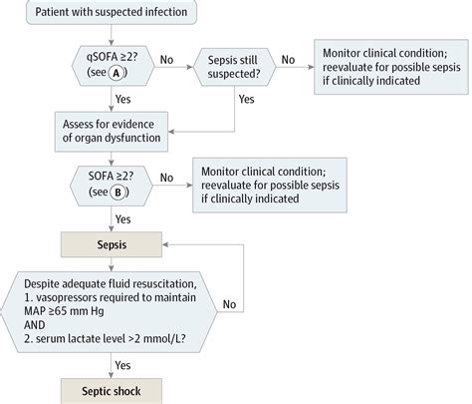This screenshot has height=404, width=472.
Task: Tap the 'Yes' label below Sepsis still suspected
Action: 246,100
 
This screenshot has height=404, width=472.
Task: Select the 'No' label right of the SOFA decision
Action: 167,179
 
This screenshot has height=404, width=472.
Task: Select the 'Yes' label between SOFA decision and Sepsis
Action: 123,218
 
